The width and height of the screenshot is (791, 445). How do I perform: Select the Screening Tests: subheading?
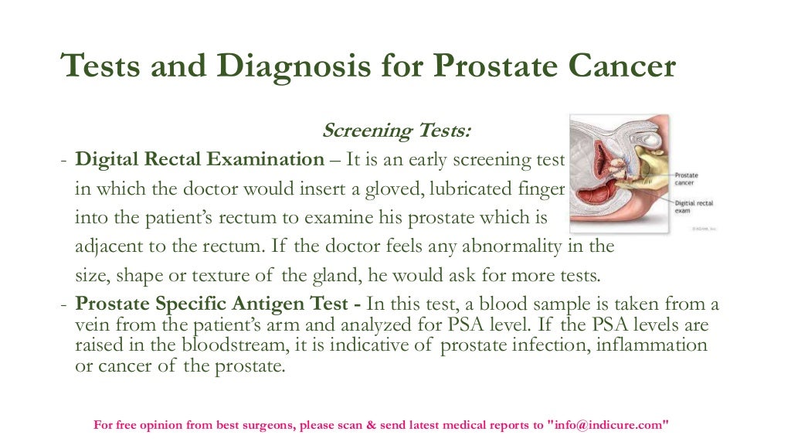(x=395, y=131)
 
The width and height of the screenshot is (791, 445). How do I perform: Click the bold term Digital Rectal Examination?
(x=199, y=160)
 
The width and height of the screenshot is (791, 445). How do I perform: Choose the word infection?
(x=549, y=344)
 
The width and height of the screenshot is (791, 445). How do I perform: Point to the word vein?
(x=91, y=324)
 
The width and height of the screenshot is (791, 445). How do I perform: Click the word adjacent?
(x=106, y=247)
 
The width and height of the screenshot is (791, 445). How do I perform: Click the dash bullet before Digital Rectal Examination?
(x=64, y=160)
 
